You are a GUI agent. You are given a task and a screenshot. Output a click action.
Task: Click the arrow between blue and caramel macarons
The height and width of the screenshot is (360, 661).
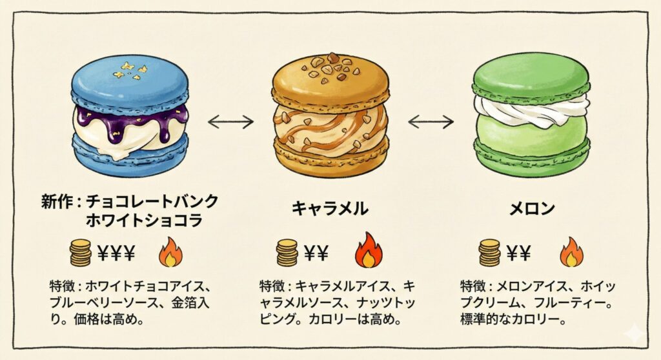tap(230, 120)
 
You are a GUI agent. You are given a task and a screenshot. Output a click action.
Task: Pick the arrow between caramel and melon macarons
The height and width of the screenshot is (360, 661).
tap(431, 120)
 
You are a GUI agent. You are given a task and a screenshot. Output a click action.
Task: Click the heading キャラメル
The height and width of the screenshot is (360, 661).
tap(330, 208)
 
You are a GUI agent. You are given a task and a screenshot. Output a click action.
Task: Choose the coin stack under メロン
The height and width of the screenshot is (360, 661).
tap(489, 253)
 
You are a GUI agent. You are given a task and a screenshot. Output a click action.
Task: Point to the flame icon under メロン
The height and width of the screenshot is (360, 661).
tap(571, 252)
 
